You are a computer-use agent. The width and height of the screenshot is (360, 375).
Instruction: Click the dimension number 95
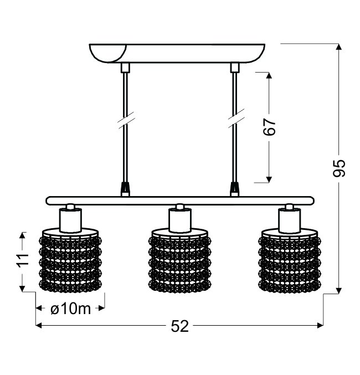pyautogui.click(x=339, y=168)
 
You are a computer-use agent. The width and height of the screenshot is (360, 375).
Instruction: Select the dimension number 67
pyautogui.click(x=269, y=127)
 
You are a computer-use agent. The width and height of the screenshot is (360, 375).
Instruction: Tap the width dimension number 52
pyautogui.click(x=180, y=326)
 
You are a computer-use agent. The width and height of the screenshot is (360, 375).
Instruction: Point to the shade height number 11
pyautogui.click(x=23, y=259)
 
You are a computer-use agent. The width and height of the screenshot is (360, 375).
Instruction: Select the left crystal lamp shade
pyautogui.click(x=70, y=261)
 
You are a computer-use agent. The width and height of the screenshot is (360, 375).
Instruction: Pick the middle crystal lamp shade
pyautogui.click(x=180, y=261)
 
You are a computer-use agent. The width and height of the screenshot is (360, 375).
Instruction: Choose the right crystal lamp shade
pyautogui.click(x=290, y=261)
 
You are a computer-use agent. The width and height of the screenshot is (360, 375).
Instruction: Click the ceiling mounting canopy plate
pyautogui.click(x=177, y=53)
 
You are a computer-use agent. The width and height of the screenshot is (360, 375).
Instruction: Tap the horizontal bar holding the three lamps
pyautogui.click(x=180, y=201)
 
